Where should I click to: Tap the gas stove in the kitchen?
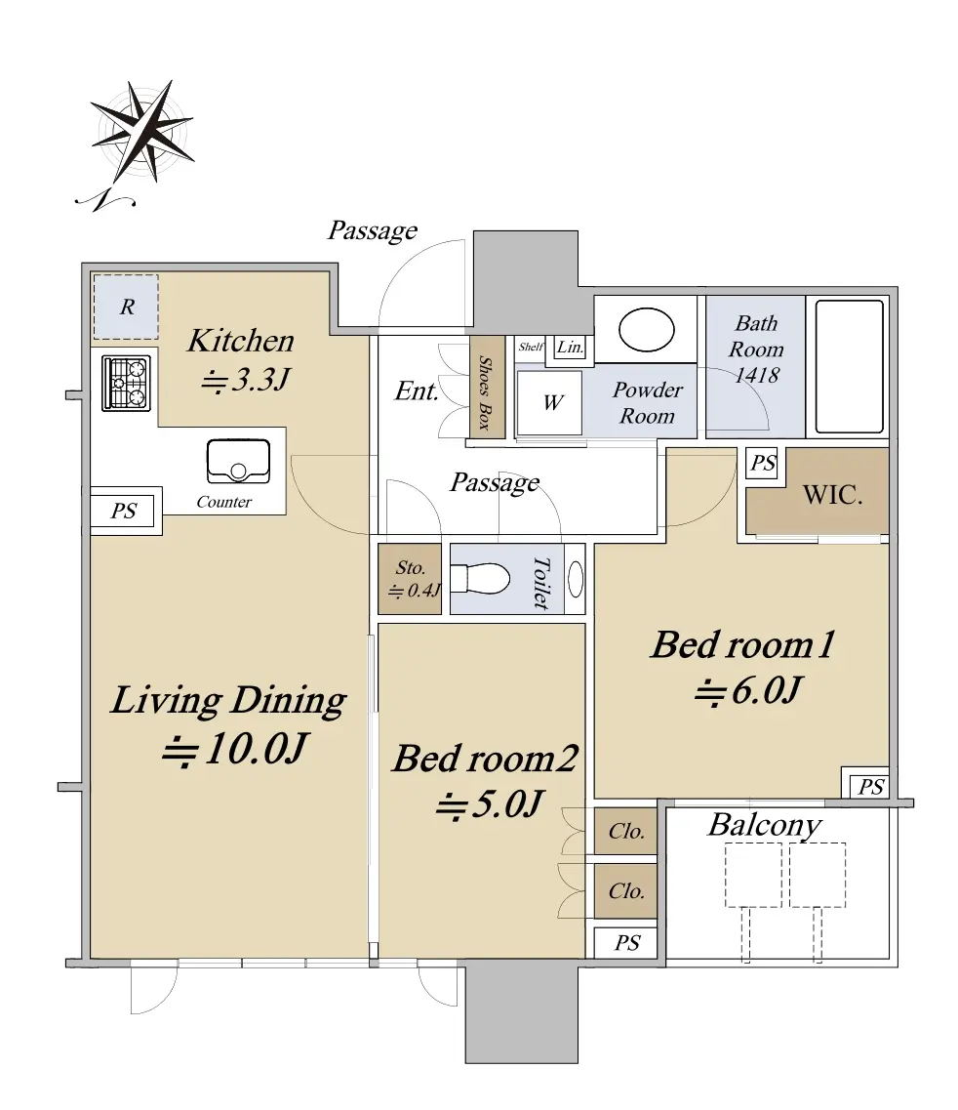click(127, 383)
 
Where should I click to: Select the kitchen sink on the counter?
click(238, 462)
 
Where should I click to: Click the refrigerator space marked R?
click(126, 307)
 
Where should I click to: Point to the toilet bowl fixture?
click(480, 578)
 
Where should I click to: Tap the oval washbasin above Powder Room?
click(646, 329)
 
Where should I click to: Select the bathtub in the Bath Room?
click(849, 366)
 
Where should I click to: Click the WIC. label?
click(833, 494)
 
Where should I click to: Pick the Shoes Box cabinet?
click(487, 387)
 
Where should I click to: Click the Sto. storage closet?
click(410, 578)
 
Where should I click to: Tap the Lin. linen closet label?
click(571, 347)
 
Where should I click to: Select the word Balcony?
click(765, 825)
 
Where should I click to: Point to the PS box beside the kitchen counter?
click(123, 511)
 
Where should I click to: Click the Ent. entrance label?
click(417, 391)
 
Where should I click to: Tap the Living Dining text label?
click(228, 701)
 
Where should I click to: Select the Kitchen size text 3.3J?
click(246, 380)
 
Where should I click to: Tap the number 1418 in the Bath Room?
click(757, 375)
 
